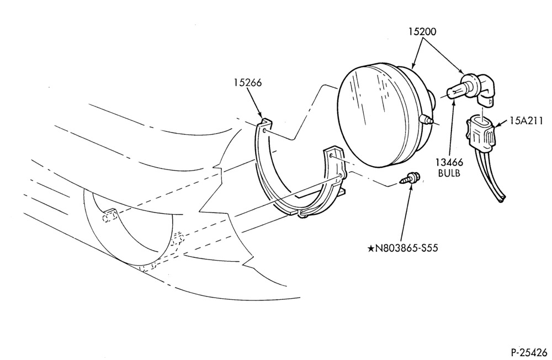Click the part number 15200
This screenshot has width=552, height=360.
tap(422, 31)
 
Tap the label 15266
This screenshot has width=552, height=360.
tap(248, 83)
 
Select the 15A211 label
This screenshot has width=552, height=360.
tap(526, 121)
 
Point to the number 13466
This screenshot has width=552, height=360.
tap(449, 163)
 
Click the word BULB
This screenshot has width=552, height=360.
tap(449, 173)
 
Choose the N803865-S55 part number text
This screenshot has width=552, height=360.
tap(407, 248)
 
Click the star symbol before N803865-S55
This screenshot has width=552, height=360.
tap(371, 248)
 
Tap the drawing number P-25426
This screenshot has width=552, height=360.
tap(529, 352)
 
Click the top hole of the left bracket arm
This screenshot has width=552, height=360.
tap(264, 130)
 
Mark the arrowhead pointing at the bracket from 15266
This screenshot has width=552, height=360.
tap(260, 115)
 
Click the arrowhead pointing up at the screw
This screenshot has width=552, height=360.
tap(411, 186)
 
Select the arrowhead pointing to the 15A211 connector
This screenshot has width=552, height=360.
tap(498, 124)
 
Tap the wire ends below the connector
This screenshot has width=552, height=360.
tap(502, 199)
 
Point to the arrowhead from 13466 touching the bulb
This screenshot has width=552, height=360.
tap(454, 103)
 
